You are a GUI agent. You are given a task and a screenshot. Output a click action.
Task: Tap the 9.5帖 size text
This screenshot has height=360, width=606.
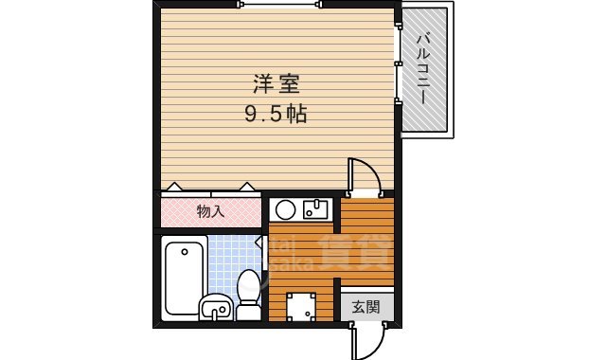click(275, 114)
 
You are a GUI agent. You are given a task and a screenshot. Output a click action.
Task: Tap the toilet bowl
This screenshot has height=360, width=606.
click(249, 284)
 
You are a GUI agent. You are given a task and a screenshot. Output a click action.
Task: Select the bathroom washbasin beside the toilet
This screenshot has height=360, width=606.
click(215, 306)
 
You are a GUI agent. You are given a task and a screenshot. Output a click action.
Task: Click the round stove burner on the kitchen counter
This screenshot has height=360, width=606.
click(285, 209)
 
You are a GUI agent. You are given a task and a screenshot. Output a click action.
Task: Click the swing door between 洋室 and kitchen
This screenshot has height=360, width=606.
click(364, 176)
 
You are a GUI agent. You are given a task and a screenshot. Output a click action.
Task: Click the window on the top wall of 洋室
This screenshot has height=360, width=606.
click(276, 5)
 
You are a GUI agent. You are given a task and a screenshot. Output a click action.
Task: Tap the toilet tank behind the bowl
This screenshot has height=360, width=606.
click(249, 311)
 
